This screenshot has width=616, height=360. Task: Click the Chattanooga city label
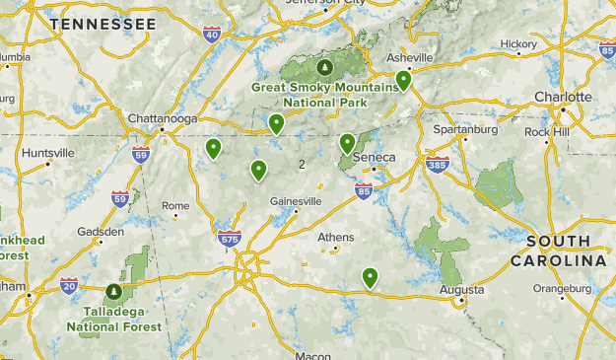point(163,118)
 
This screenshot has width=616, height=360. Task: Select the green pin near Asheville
point(403,81)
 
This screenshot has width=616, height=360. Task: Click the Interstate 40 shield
point(211,35)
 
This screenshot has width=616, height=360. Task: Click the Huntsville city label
point(47,153)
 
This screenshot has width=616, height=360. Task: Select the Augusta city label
point(462,290)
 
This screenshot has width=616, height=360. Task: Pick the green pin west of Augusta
point(370,277)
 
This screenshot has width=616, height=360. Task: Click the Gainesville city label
point(296,201)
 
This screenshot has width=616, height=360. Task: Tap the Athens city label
point(335,237)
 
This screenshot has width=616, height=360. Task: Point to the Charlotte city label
point(563,97)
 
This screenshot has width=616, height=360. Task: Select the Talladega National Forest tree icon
point(113,292)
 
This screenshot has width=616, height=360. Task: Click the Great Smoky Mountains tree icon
point(324,67)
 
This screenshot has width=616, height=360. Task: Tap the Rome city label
point(175,206)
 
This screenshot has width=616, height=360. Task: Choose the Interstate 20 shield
point(68,286)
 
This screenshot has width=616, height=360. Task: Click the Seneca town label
point(376,157)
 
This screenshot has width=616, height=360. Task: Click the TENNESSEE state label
point(103,23)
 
